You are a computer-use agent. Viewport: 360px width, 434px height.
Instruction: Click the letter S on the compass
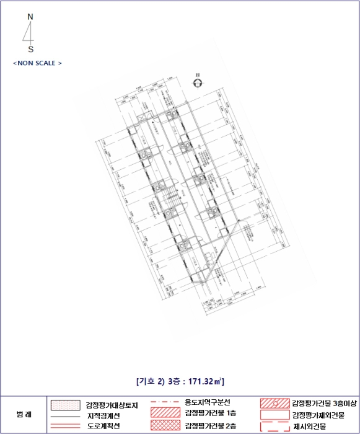(31, 49)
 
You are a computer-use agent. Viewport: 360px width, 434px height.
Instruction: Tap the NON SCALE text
(37, 63)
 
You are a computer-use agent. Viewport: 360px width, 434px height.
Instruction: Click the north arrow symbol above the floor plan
(198, 83)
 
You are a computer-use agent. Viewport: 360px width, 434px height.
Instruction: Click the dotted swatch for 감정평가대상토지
(64, 405)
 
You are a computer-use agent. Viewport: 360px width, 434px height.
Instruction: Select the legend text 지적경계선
(103, 415)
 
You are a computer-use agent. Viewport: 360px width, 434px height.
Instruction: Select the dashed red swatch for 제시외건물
(274, 427)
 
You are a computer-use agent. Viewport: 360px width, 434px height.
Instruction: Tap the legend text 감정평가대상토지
(112, 405)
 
